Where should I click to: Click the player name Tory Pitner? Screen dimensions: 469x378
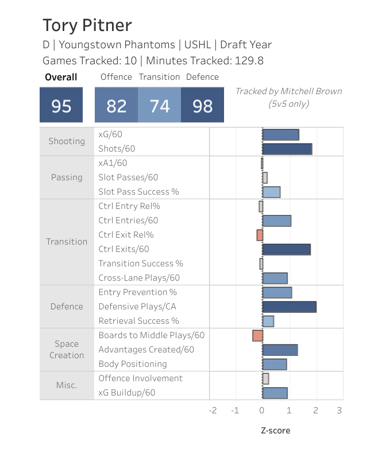87,25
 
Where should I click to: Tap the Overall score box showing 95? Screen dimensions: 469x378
61,106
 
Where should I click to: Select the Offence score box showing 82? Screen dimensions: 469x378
116,106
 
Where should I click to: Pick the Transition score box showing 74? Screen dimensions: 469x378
159,106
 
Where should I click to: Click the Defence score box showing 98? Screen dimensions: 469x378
202,106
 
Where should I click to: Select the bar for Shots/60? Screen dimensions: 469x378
287,149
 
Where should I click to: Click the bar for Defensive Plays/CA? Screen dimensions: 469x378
289,307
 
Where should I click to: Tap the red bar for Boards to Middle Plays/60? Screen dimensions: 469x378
257,335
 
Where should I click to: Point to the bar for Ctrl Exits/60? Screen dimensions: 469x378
286,249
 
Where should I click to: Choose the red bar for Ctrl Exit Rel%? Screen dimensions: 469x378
260,235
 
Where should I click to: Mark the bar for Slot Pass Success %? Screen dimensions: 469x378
271,192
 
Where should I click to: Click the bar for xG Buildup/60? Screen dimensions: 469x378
275,393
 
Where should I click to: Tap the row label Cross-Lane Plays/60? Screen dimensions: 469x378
139,278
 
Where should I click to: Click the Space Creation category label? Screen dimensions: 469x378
67,350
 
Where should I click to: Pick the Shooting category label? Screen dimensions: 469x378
67,141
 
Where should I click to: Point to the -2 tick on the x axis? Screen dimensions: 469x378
212,410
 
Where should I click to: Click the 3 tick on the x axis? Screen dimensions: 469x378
340,410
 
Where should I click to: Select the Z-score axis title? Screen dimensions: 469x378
275,430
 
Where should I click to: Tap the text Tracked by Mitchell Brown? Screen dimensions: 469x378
288,91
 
